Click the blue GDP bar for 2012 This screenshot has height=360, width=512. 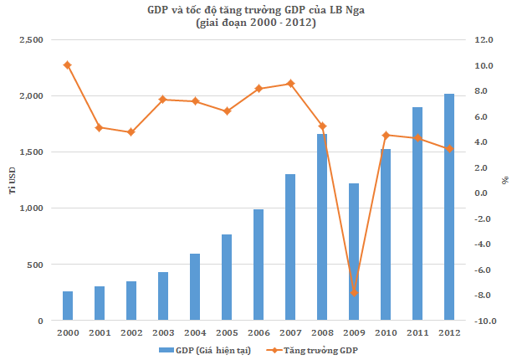449,207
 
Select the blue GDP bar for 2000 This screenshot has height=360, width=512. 68,306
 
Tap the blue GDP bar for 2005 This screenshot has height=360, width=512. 227,277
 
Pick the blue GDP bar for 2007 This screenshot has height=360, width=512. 290,247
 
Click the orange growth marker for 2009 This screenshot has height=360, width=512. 354,293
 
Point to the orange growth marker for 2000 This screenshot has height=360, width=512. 68,65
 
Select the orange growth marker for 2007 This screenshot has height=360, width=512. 290,84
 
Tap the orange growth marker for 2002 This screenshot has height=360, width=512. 131,132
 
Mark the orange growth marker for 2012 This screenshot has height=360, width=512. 449,149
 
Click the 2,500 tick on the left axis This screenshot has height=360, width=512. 31,40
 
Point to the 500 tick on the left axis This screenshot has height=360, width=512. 35,265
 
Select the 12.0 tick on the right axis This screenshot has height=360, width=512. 484,40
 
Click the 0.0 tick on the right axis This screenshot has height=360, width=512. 481,193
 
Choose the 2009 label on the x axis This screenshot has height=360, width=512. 354,333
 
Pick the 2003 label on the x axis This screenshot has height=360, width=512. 163,333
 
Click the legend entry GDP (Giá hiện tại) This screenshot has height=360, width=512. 205,351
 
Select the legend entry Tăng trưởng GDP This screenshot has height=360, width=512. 312,351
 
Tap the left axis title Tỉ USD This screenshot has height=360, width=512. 13,181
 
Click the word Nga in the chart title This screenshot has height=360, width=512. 355,11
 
